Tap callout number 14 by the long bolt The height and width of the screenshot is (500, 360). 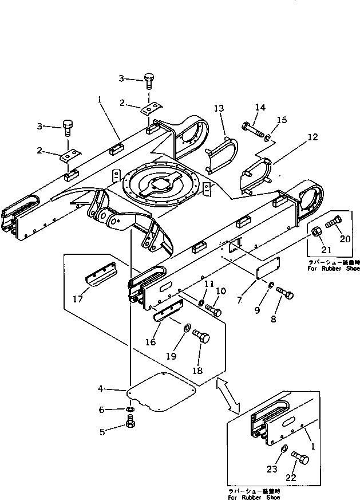coord(260,107)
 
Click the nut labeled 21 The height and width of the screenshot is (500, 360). coord(316,232)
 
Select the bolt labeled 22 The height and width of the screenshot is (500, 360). coord(300,458)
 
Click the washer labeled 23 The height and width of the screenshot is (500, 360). coord(284,450)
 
